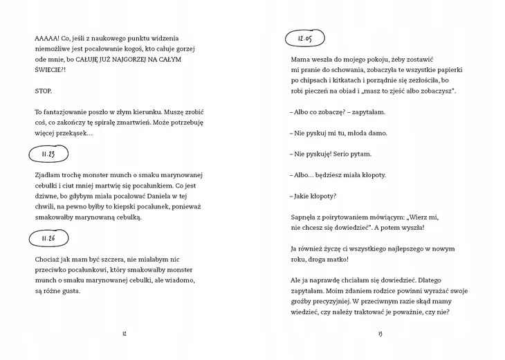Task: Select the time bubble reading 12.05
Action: pyautogui.click(x=305, y=39)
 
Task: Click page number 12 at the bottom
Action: pyautogui.click(x=124, y=334)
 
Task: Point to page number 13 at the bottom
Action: pyautogui.click(x=380, y=334)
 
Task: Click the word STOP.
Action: pyautogui.click(x=42, y=91)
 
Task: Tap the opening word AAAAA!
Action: pyautogui.click(x=48, y=38)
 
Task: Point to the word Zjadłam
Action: pyautogui.click(x=47, y=175)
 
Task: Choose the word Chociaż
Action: pyautogui.click(x=48, y=260)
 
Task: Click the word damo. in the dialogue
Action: pyautogui.click(x=374, y=133)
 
